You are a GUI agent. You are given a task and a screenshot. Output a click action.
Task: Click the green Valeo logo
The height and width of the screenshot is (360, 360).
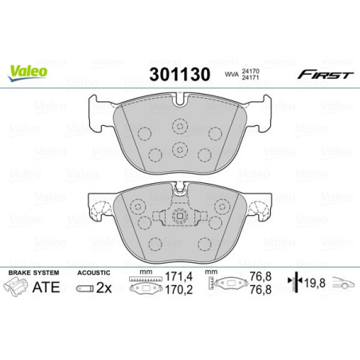coord(28,71)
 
